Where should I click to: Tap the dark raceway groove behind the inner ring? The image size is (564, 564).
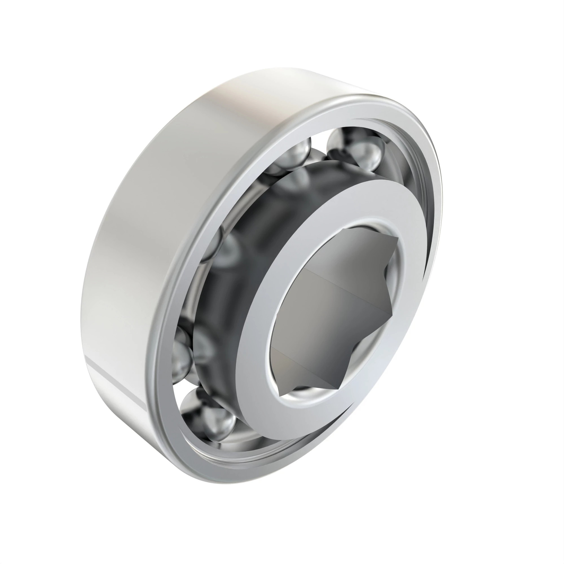click(x=233, y=292)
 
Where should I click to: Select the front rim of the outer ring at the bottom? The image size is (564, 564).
click(x=233, y=470)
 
